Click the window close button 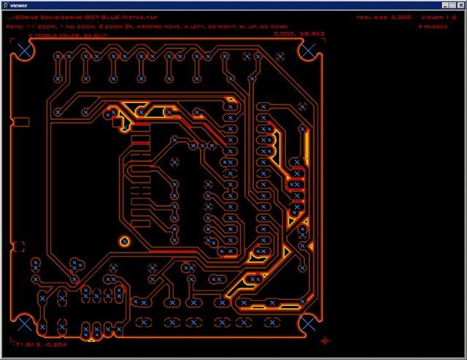click(x=460, y=5)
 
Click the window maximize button click(x=451, y=5)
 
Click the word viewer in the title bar click(x=19, y=5)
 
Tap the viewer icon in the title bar click(x=5, y=5)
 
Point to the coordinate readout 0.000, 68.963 click(x=299, y=34)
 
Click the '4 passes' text click(x=433, y=26)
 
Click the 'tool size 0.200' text click(x=384, y=17)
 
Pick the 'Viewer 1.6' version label click(x=439, y=17)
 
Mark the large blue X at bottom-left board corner click(x=24, y=323)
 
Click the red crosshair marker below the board click(x=325, y=340)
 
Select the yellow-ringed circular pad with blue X click(x=125, y=241)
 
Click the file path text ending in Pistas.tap click(x=85, y=17)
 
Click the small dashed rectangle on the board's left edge click(x=19, y=247)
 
